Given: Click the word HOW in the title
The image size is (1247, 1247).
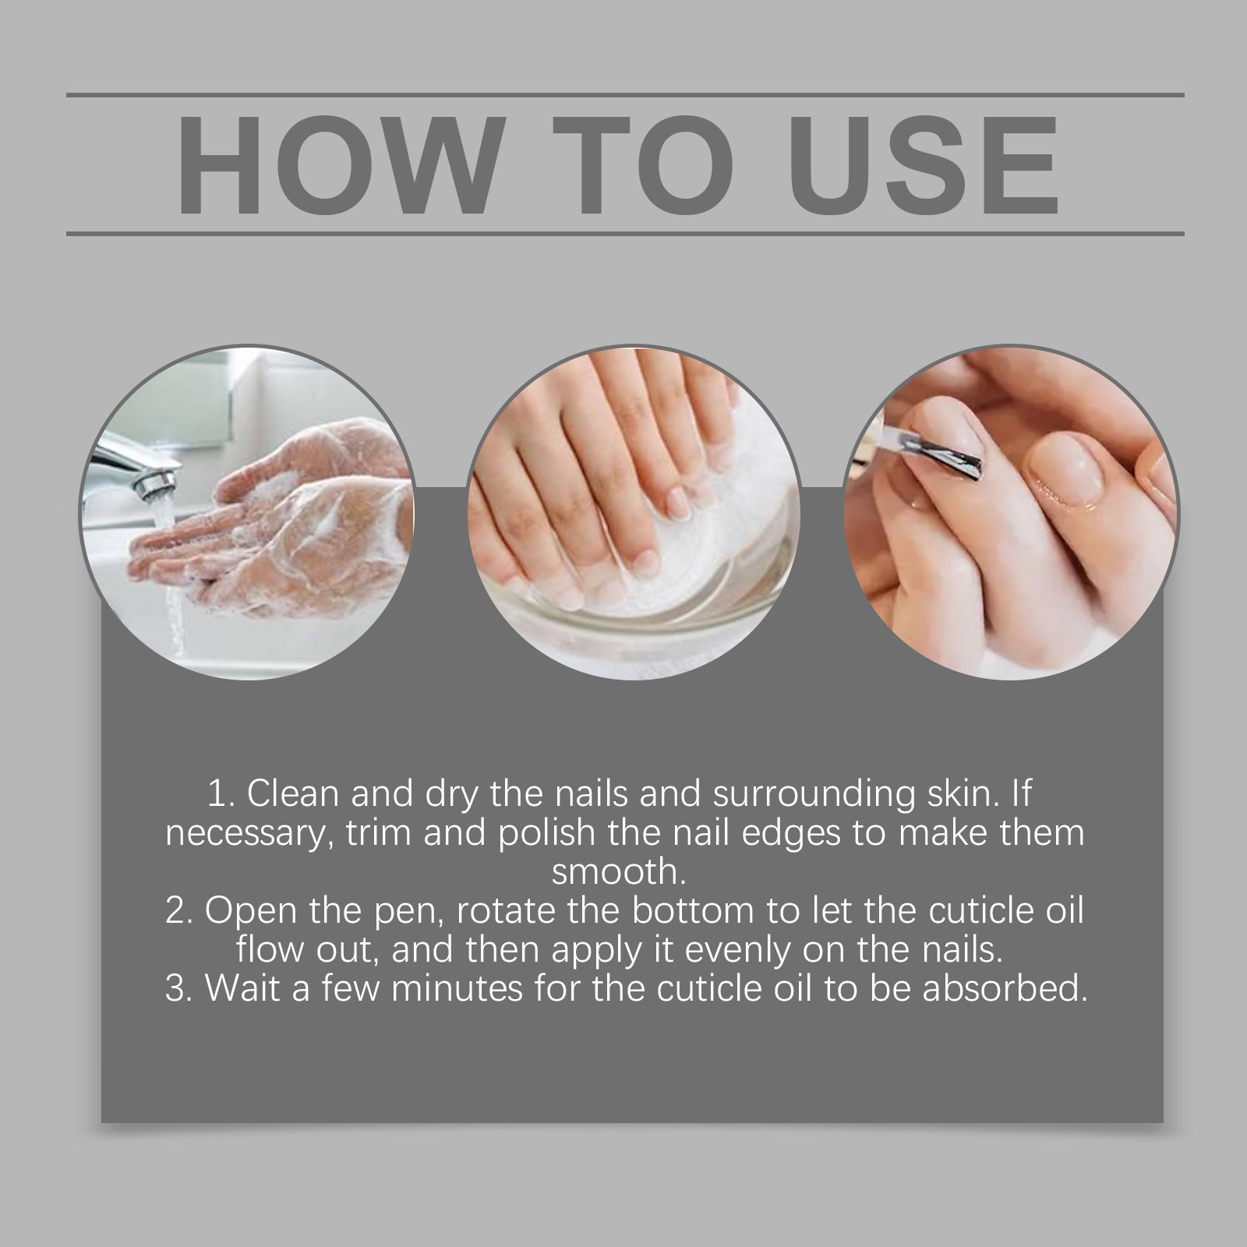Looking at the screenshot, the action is tap(338, 167).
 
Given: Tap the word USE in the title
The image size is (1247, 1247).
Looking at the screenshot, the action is tap(928, 167).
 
